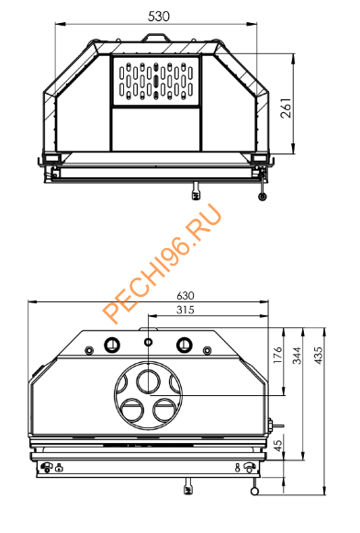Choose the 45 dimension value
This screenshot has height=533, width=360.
[x=277, y=446]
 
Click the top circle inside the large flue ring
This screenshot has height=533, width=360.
[x=148, y=379]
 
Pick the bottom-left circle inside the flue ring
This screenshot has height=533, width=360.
[x=131, y=406]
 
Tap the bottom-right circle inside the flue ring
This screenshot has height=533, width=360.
[x=165, y=406]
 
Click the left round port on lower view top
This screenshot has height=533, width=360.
[x=112, y=346]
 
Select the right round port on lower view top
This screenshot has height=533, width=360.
[x=185, y=346]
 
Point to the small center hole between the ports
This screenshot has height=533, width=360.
[x=148, y=342]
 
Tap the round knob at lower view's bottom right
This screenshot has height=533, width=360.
[x=253, y=488]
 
